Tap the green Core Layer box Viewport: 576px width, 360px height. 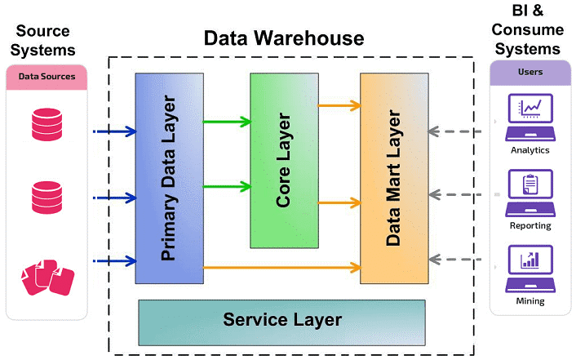(283, 160)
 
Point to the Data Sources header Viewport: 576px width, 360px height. (47, 77)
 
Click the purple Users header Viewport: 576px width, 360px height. (529, 73)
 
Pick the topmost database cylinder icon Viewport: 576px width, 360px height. (47, 122)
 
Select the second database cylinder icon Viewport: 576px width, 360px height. (47, 198)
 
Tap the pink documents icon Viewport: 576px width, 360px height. (47, 278)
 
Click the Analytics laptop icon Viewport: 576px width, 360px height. (529, 115)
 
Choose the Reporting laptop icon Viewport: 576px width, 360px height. (529, 190)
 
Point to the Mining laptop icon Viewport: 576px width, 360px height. (529, 266)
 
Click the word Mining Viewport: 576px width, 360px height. (529, 301)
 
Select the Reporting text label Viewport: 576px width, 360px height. (529, 225)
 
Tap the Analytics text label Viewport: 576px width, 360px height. (529, 150)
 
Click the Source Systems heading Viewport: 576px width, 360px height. (47, 40)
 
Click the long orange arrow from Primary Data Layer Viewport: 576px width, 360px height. (281, 267)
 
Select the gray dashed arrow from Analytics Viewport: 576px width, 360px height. (463, 129)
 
